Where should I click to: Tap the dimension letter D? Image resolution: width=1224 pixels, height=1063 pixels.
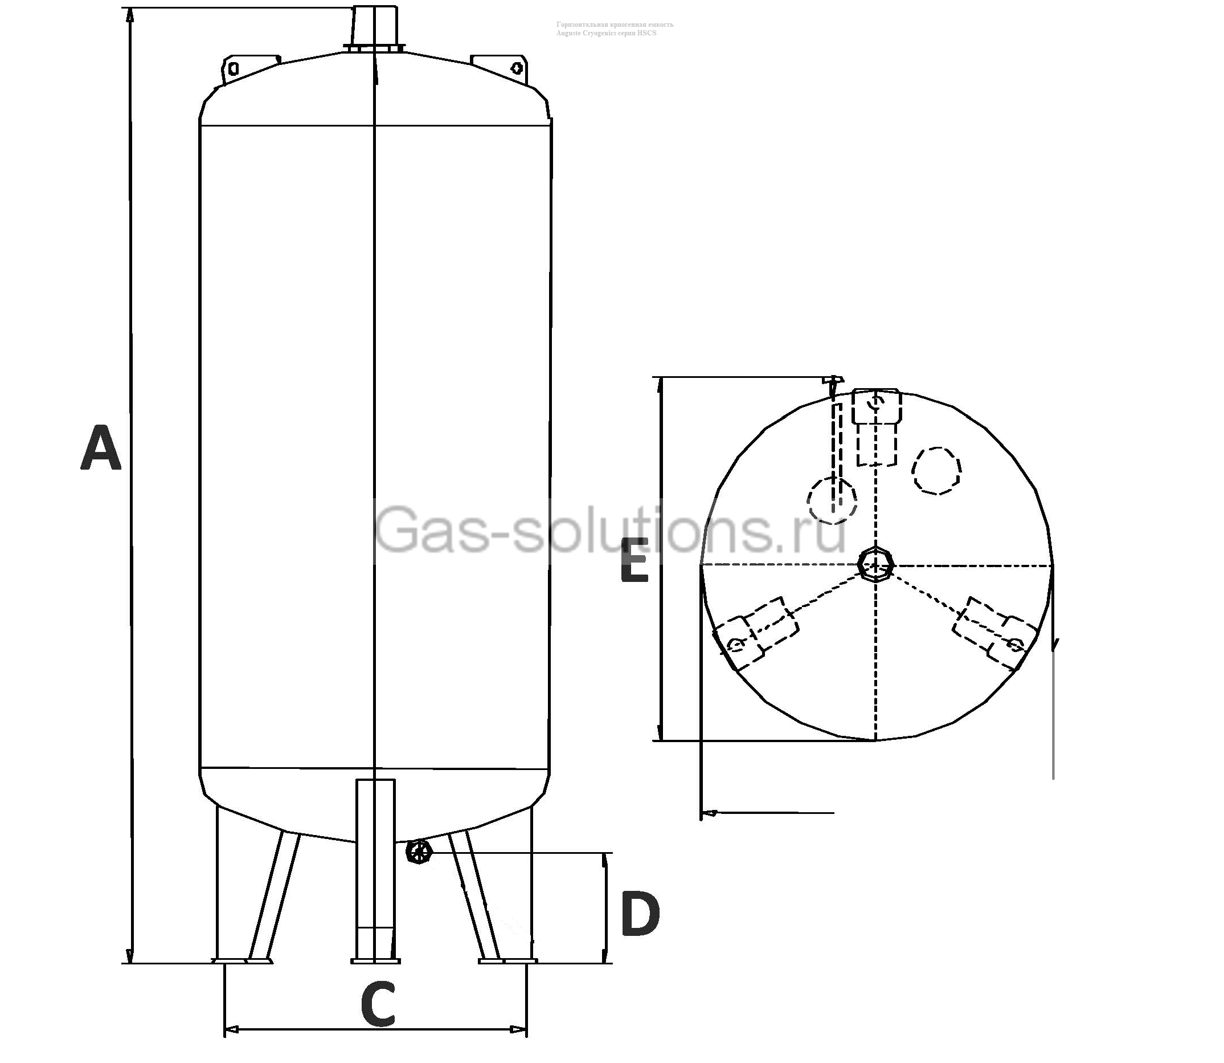point(640,914)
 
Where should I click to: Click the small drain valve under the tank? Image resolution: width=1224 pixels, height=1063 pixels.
point(419,853)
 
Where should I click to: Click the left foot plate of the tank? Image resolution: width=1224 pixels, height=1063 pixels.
point(243,960)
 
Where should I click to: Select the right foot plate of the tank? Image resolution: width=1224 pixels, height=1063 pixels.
point(508,960)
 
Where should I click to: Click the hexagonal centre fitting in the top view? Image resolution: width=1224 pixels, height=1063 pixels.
point(875,565)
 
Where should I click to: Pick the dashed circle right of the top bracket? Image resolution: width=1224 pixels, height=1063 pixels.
point(936,470)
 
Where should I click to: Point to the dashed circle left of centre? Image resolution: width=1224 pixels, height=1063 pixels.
point(832,499)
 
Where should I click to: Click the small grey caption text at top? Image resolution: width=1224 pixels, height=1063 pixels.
point(614,28)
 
